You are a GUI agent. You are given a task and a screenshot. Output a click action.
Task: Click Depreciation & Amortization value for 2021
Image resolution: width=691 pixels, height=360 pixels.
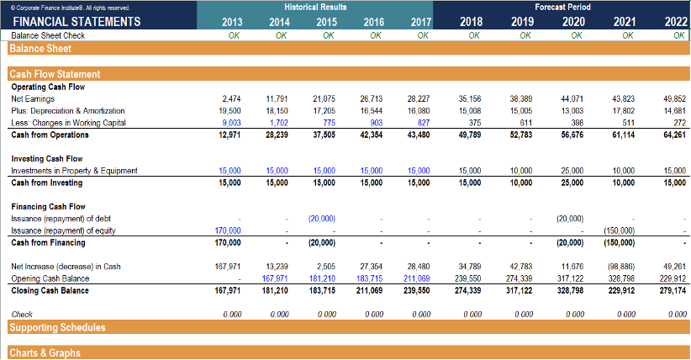point(623,110)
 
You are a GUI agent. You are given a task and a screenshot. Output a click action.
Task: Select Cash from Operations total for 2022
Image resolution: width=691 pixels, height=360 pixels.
point(674,135)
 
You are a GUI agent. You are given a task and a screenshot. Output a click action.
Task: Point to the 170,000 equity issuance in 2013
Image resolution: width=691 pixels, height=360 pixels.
point(229,230)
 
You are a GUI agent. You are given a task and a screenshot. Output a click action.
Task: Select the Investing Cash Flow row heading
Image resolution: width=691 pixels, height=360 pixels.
point(47,158)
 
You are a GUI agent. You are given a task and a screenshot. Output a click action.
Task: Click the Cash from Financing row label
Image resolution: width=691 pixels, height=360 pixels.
point(49,242)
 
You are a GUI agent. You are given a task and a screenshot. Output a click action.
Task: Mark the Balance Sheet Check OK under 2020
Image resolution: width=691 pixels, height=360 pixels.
point(576,35)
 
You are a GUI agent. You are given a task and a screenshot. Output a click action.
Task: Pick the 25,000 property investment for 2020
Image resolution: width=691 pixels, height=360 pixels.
point(572,171)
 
